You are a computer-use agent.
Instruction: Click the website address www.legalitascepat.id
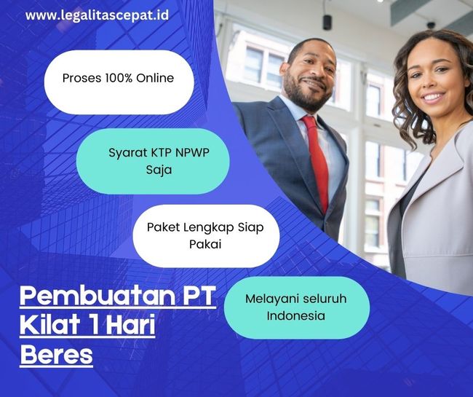(97, 15)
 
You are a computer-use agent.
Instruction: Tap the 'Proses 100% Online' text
(118, 78)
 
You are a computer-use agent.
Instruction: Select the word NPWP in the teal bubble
(192, 152)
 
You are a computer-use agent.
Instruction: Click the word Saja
(159, 170)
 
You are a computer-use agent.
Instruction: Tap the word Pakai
(205, 244)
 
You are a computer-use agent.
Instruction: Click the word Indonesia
(296, 316)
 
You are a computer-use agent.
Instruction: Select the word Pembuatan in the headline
(98, 296)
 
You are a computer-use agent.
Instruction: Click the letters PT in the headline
(199, 296)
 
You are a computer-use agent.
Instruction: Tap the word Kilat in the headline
(49, 325)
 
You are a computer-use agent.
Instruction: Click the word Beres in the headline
(57, 355)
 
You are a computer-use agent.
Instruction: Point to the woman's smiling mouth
(433, 98)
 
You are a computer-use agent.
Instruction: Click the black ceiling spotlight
(327, 22)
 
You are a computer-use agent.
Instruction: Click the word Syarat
(125, 153)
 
